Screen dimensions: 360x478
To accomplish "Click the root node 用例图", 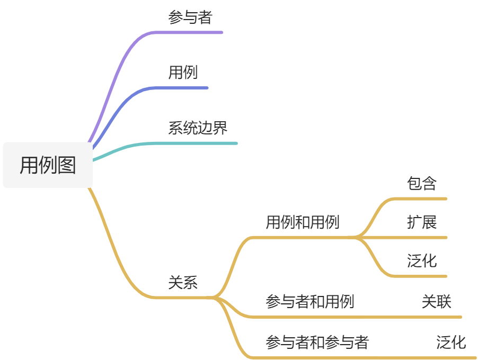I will click(x=48, y=165).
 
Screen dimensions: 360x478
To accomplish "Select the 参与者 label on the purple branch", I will click(x=190, y=17).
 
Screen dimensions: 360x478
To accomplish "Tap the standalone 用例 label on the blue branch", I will click(x=183, y=72).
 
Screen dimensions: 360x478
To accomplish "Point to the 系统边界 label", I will click(x=198, y=128).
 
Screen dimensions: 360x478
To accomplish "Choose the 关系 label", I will click(x=183, y=283).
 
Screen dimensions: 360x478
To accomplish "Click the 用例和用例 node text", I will click(x=303, y=222).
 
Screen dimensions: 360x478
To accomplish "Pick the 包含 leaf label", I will click(x=422, y=183).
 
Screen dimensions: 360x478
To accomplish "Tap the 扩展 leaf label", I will click(x=422, y=222).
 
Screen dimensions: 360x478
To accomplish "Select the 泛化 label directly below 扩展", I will click(x=422, y=260).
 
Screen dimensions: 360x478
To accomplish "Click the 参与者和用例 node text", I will click(x=310, y=302).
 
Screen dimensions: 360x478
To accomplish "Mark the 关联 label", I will click(x=437, y=302).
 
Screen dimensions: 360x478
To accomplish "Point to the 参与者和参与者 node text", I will click(x=317, y=342).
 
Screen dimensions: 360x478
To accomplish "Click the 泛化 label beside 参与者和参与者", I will click(x=451, y=342).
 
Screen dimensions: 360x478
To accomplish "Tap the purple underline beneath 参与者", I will click(x=191, y=32).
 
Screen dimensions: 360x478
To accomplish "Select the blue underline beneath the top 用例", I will click(x=183, y=88).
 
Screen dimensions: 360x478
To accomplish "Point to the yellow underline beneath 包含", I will click(x=422, y=199).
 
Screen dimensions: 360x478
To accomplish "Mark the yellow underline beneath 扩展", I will click(x=422, y=237).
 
